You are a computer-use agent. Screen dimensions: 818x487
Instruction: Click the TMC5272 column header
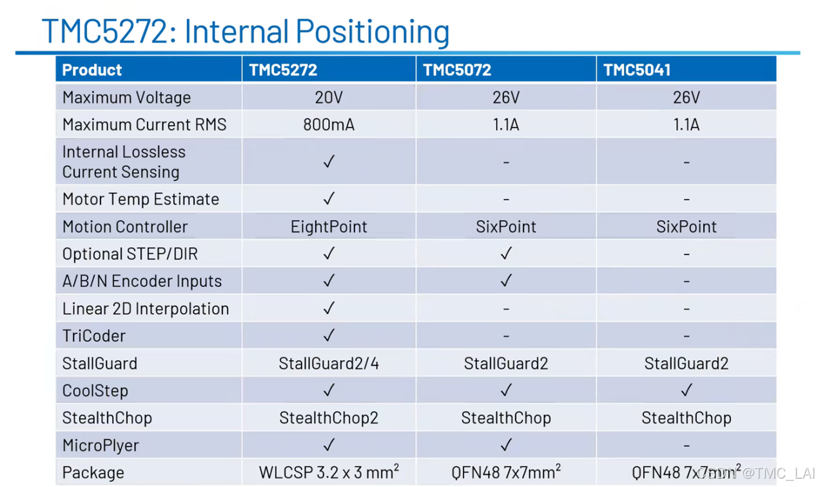[x=283, y=70]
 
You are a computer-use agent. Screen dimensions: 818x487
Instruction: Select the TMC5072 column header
[x=457, y=70]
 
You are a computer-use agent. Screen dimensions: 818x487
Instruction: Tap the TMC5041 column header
[x=637, y=70]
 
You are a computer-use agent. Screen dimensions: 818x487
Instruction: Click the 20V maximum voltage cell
[x=329, y=97]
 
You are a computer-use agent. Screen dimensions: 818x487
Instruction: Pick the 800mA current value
[x=329, y=125]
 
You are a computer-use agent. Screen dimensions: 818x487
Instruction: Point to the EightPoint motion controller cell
[x=329, y=227]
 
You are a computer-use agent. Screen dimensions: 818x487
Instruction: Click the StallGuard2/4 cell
[x=329, y=363]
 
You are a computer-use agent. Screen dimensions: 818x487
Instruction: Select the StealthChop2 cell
[x=329, y=417]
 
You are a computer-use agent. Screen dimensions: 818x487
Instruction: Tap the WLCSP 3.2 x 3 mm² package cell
[x=329, y=472]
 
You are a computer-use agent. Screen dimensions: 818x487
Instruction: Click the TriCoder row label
[x=94, y=336]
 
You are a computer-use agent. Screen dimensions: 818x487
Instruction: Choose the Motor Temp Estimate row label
[x=141, y=199]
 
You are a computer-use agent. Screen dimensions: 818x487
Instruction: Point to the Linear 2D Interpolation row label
[x=146, y=309]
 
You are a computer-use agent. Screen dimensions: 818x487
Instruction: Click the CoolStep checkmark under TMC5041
[x=687, y=390]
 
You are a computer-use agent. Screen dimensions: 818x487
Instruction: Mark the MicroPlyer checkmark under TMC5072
[x=506, y=444]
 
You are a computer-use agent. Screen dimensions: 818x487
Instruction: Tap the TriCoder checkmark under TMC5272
[x=329, y=335]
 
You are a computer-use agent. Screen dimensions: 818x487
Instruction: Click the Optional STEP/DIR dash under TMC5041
[x=687, y=254]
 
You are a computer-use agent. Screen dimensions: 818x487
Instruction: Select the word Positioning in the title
[x=372, y=32]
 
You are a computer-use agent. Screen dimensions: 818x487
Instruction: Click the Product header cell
[x=92, y=70]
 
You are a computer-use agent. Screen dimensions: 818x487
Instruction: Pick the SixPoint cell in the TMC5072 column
[x=506, y=227]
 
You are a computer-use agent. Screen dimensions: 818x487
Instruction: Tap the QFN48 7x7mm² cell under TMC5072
[x=506, y=472]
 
